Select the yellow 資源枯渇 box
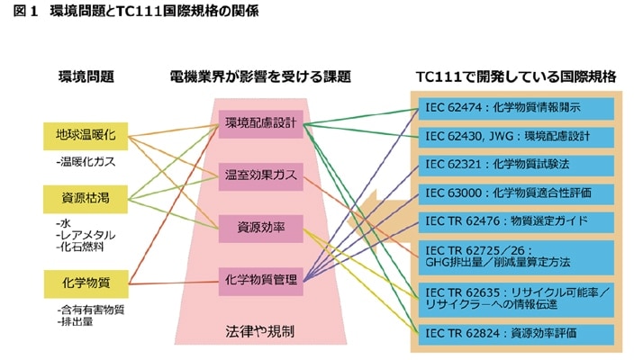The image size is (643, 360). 86,195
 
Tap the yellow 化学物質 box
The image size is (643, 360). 86,283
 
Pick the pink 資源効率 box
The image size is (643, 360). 260,227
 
